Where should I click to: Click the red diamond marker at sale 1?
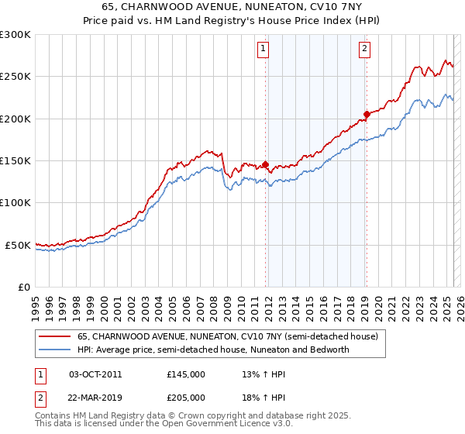pyautogui.click(x=265, y=164)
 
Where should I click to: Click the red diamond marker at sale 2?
pyautogui.click(x=367, y=114)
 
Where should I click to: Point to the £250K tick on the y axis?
pyautogui.click(x=15, y=77)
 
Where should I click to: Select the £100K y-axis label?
pyautogui.click(x=15, y=202)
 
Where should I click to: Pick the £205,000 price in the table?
pyautogui.click(x=186, y=398)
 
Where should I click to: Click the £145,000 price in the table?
pyautogui.click(x=186, y=374)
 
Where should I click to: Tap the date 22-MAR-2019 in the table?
pyautogui.click(x=96, y=398)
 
